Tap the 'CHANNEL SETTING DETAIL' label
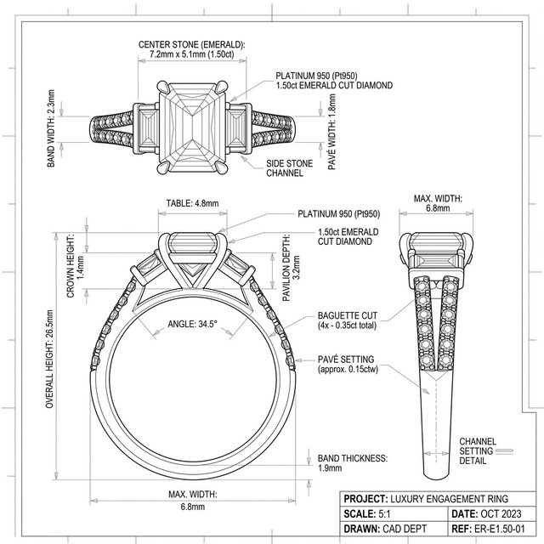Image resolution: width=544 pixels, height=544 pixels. coord(473,450)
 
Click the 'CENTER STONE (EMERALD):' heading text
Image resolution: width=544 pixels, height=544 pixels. coord(191,45)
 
